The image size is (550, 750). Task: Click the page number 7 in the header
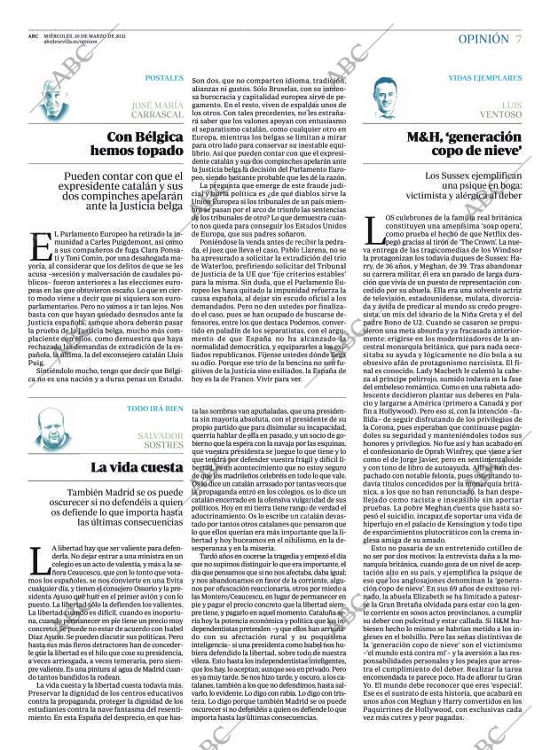pyautogui.click(x=518, y=40)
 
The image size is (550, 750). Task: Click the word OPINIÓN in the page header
pyautogui.click(x=483, y=40)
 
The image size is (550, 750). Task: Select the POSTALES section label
pyautogui.click(x=164, y=78)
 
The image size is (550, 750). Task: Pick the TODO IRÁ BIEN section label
pyautogui.click(x=155, y=409)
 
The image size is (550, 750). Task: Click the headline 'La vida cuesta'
pyautogui.click(x=137, y=467)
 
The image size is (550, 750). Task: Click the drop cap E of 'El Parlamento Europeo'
pyautogui.click(x=36, y=243)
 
